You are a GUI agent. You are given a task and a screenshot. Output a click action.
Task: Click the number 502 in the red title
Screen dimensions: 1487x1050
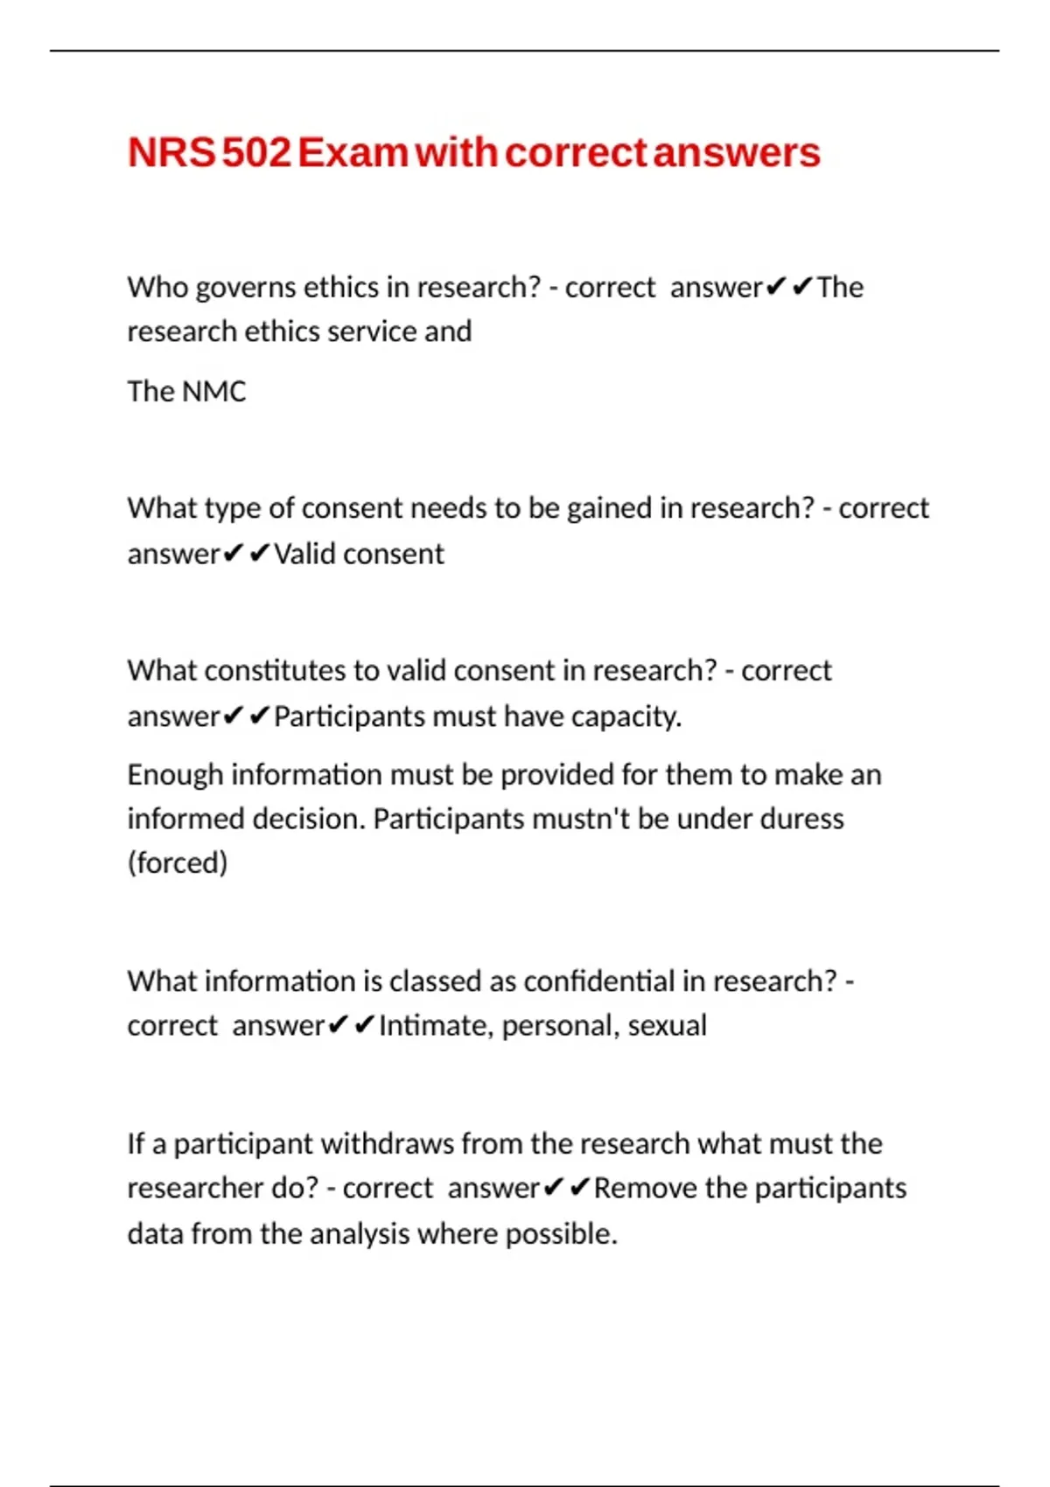[x=256, y=153]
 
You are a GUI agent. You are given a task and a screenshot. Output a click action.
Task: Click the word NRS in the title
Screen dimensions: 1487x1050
[x=171, y=153]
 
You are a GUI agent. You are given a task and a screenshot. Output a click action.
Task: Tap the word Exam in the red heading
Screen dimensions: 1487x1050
[x=353, y=153]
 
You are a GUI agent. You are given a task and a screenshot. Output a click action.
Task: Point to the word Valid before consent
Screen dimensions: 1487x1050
[x=304, y=554]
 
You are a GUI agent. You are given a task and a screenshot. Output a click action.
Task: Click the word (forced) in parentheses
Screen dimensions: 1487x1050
[x=178, y=862]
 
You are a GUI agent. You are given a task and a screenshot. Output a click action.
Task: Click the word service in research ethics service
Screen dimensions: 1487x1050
[x=371, y=332]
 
